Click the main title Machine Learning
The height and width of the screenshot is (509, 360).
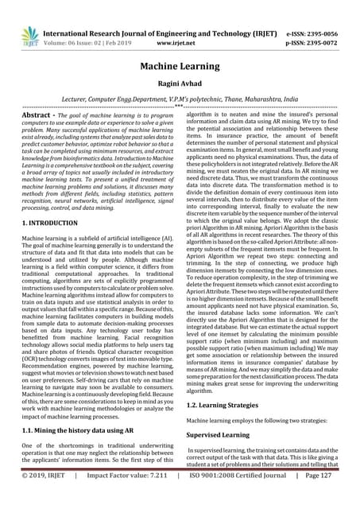[x=180, y=69]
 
